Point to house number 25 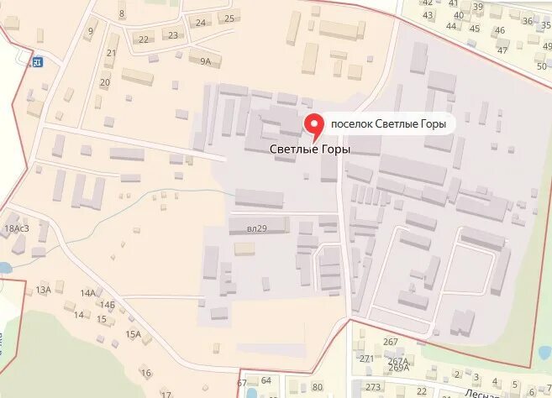(x=228, y=18)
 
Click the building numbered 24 (x=201, y=23)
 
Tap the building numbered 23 (x=173, y=34)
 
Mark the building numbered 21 (x=112, y=53)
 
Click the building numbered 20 (x=105, y=81)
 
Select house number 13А (x=44, y=290)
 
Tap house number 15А (x=134, y=334)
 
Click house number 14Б (x=107, y=304)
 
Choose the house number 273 (x=373, y=386)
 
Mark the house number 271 (x=366, y=358)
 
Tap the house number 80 (x=317, y=386)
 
